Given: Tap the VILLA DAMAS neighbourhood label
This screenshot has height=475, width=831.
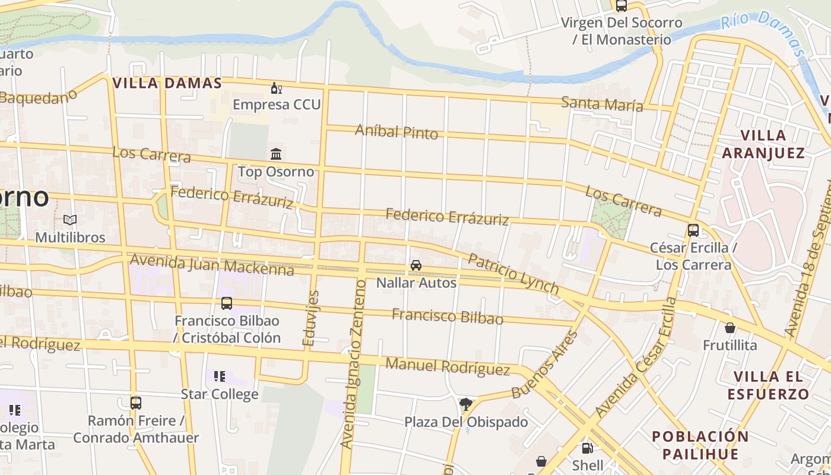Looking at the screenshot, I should click(167, 83).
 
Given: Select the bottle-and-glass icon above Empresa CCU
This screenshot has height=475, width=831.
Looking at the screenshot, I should click(276, 88).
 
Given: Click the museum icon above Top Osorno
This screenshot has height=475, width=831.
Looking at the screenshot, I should click(276, 154).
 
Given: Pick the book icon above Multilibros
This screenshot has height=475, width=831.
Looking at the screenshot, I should click(70, 220).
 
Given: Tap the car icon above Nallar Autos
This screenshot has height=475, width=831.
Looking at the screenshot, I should click(416, 265).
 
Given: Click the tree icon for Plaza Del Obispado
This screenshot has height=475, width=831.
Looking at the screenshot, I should click(466, 404).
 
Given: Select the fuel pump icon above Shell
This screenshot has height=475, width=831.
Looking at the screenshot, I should click(587, 448).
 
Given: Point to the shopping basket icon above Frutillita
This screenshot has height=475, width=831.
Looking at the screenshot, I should click(730, 328).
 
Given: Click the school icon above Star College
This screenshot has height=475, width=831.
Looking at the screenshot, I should click(220, 376).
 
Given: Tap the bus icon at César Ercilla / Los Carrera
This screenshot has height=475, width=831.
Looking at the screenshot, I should click(693, 230).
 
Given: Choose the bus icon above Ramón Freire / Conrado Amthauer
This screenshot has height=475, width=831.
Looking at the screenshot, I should click(136, 403).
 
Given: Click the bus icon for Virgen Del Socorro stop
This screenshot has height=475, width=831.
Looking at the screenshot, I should click(621, 6).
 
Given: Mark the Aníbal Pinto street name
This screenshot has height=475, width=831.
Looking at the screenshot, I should click(397, 131).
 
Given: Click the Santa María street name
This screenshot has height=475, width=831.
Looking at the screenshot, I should click(602, 104).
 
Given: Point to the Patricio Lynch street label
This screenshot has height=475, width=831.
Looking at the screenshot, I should click(513, 274).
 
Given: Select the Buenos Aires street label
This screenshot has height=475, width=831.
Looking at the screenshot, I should click(544, 364).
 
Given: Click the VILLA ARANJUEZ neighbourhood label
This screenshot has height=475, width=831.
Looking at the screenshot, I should click(763, 144).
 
